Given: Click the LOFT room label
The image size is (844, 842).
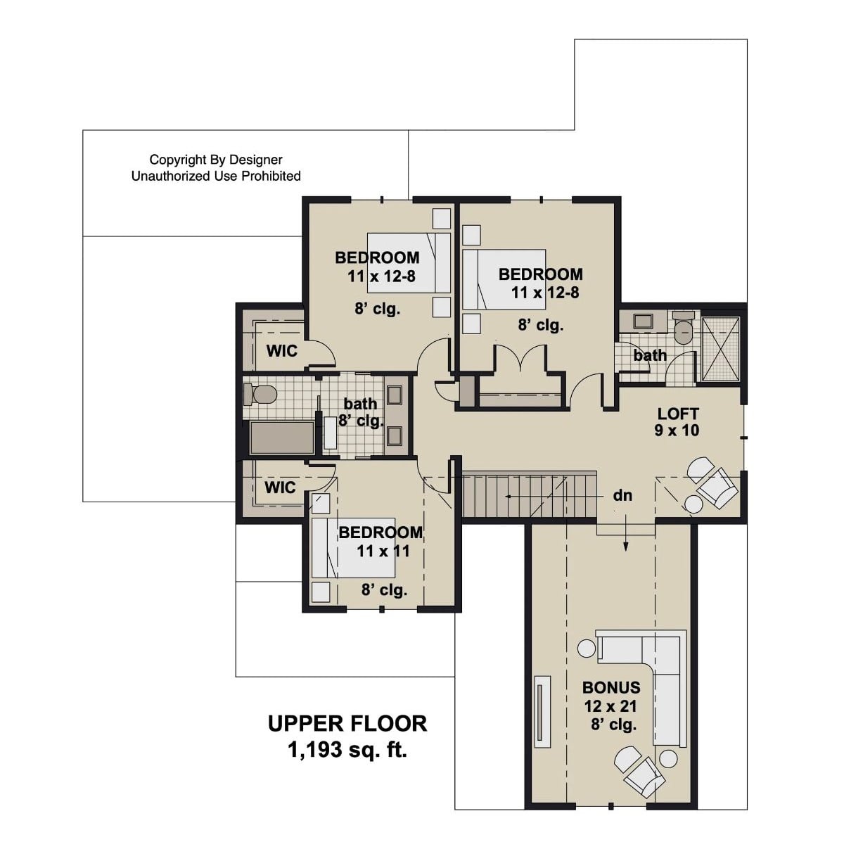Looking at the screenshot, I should [x=678, y=414].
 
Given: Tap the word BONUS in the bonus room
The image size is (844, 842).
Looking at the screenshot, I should [x=611, y=687].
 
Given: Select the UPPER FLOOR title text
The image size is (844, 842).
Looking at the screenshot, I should [x=347, y=723].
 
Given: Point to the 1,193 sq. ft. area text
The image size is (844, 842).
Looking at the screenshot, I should [x=347, y=750].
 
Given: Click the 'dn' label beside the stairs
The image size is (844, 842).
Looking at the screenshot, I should [x=622, y=496].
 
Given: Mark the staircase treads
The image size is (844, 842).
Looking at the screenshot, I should [x=527, y=496].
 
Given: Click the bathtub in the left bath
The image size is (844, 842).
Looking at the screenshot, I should [x=282, y=438].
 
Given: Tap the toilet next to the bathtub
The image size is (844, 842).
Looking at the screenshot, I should [x=259, y=395].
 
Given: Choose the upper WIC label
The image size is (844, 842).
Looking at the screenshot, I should [x=281, y=350].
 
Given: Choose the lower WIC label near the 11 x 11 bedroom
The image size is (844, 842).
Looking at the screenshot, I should [x=280, y=487].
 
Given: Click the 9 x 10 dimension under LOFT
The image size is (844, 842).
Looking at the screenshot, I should [x=677, y=430].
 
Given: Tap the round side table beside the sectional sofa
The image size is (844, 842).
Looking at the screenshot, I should [x=585, y=648].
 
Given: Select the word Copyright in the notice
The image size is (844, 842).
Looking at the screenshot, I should [x=179, y=160].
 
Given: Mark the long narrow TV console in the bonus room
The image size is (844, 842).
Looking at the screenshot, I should [x=541, y=710].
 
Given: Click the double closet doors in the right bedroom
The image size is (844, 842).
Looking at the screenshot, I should [x=520, y=359].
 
